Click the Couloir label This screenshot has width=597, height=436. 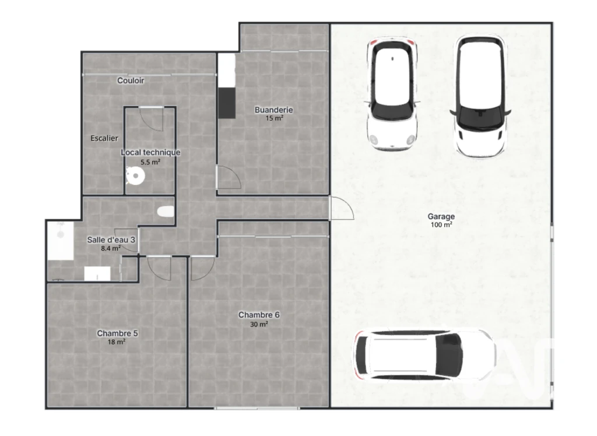tap(131, 80)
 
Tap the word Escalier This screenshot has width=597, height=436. tap(104, 138)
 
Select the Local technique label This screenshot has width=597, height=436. tap(150, 152)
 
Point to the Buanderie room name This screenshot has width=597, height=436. tap(274, 110)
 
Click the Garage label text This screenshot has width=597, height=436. tap(441, 216)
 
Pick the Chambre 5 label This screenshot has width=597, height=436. tap(117, 333)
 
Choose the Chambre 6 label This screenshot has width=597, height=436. tap(259, 315)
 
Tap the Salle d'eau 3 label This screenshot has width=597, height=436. tap(111, 240)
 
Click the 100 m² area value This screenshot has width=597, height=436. tap(441, 225)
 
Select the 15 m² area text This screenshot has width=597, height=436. tap(274, 118)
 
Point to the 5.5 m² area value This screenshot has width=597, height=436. tap(150, 162)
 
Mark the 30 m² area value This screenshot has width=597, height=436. tap(259, 325)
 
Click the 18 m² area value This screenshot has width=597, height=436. tap(117, 342)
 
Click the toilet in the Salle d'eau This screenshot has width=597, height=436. tap(166, 212)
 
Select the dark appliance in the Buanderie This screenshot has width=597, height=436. tap(227, 103)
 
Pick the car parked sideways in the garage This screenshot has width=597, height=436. tap(424, 356)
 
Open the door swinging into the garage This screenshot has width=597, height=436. tap(342, 208)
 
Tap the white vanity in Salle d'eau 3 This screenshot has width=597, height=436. tap(97, 274)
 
